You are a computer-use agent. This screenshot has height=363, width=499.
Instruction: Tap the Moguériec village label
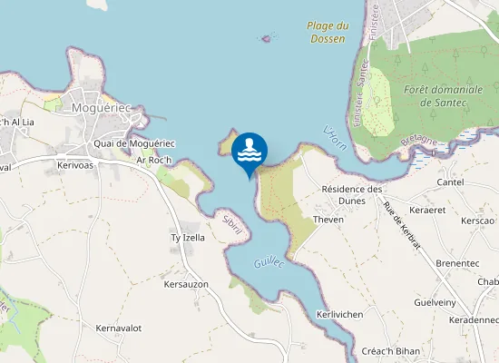tap(103, 108)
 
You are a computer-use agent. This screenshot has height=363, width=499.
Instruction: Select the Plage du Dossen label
tap(327, 33)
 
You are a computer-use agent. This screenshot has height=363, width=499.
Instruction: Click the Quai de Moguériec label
tap(133, 143)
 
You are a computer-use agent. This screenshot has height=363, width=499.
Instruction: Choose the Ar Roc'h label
tap(154, 160)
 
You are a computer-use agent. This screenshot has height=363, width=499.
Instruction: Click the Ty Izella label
tap(188, 238)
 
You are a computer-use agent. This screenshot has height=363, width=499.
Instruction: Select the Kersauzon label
tap(186, 285)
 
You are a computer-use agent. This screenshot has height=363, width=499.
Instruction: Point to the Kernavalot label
tap(119, 328)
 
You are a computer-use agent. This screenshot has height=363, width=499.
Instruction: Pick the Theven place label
tap(328, 220)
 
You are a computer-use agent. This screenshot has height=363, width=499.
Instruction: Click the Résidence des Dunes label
tap(354, 195)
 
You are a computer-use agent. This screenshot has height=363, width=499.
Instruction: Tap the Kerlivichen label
tap(340, 314)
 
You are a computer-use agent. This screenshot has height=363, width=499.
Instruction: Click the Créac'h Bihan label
tap(389, 351)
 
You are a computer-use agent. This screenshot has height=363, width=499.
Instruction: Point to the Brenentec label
tap(457, 263)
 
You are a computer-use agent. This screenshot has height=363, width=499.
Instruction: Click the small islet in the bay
tap(267, 38)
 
